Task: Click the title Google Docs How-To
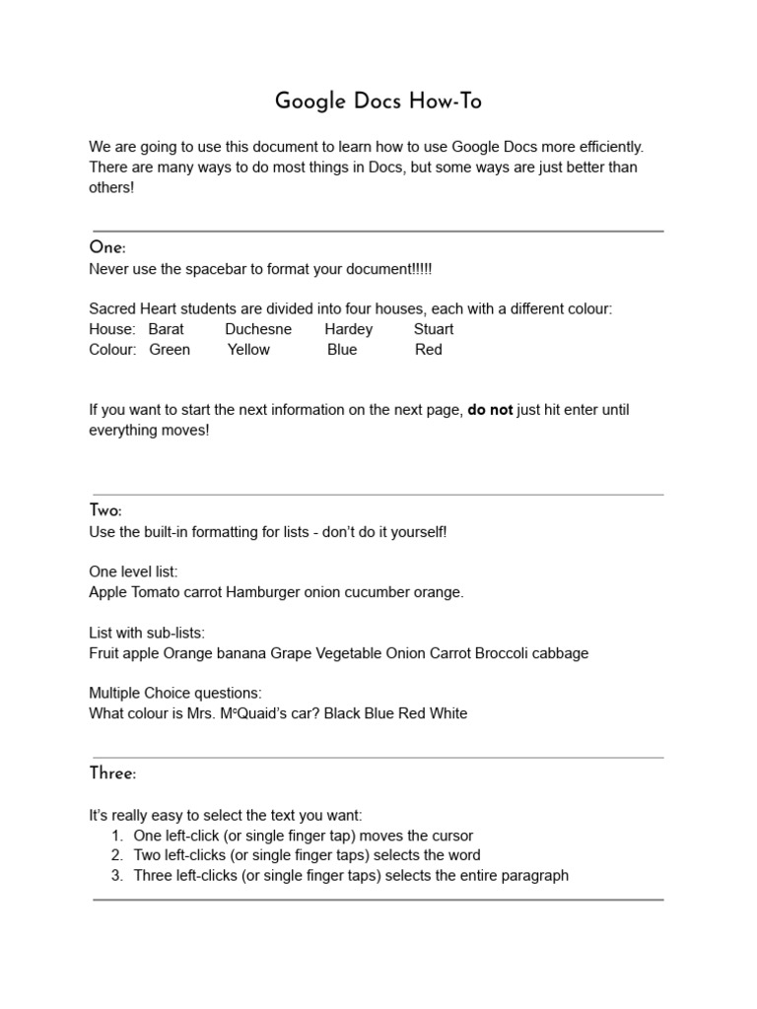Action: tap(378, 102)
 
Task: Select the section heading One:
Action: tap(107, 248)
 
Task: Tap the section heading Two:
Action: tap(105, 510)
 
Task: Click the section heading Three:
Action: tap(112, 774)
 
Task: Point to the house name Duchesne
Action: tap(258, 329)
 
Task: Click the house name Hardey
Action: tap(349, 329)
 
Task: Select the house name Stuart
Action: tap(434, 329)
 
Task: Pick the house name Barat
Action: tap(166, 329)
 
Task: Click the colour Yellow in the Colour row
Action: tap(248, 349)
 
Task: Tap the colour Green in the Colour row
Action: tap(170, 349)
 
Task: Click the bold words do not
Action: tap(490, 410)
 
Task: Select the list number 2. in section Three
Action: tap(116, 855)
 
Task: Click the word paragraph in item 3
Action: tap(535, 875)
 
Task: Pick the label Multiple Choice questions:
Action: tap(175, 693)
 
